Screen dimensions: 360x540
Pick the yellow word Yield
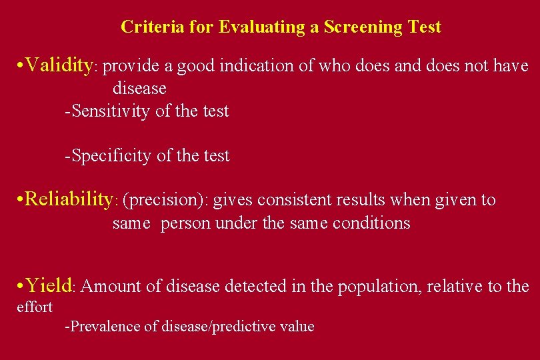click(50, 285)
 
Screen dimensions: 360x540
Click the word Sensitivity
click(111, 111)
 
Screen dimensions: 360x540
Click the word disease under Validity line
click(139, 87)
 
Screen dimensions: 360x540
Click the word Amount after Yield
click(110, 287)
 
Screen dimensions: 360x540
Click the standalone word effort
click(34, 307)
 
